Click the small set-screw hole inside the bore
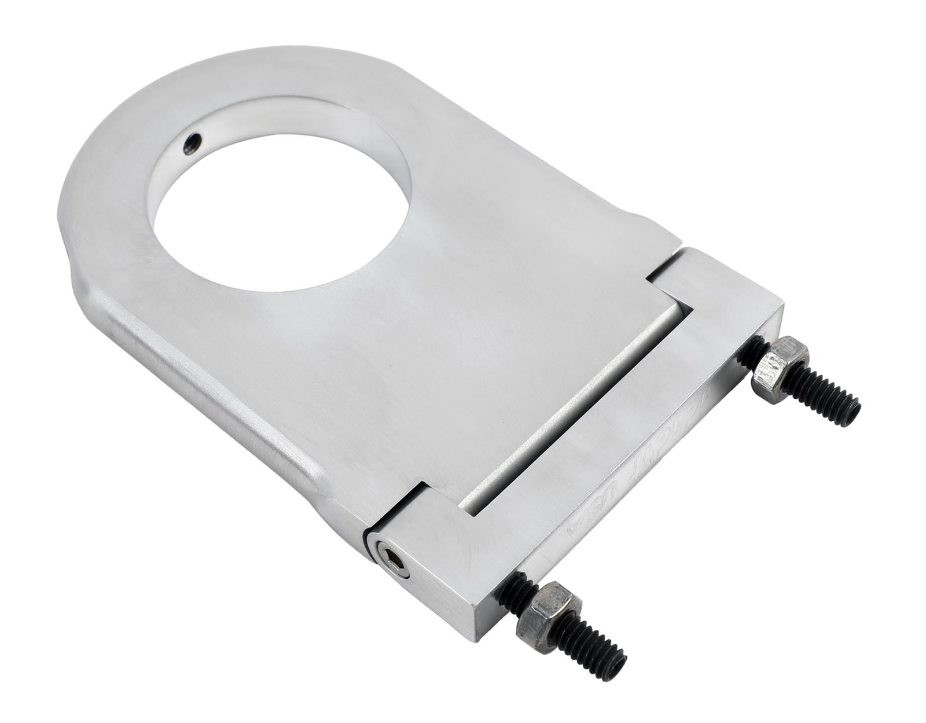[193, 142]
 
